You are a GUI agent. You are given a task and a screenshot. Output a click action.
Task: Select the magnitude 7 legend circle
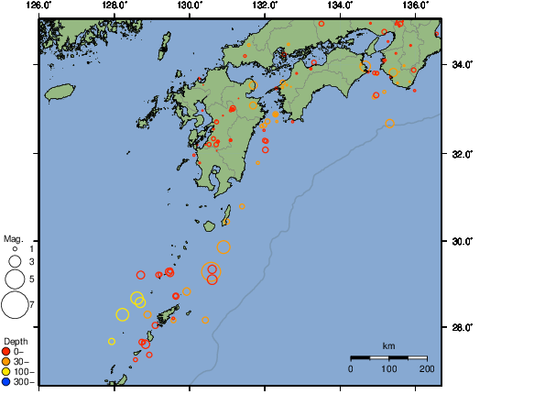[x=15, y=303]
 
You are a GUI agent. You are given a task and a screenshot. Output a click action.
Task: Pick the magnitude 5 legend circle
[x=15, y=278]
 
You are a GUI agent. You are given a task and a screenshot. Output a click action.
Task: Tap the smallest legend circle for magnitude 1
[x=15, y=248]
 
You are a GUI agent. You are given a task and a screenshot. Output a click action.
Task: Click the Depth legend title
[x=16, y=341]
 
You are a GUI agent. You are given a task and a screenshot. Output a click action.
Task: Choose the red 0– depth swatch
[x=6, y=351]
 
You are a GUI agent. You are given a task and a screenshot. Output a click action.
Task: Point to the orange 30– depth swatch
[x=6, y=361]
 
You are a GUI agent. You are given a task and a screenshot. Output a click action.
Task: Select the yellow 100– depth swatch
[x=6, y=371]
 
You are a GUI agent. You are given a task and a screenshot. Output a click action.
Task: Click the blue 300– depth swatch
[x=6, y=381]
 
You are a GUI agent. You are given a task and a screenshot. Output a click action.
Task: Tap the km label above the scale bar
[x=388, y=346]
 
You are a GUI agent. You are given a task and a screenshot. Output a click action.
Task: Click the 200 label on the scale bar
[x=426, y=368]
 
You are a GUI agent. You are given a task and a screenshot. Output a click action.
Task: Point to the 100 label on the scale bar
[x=388, y=368]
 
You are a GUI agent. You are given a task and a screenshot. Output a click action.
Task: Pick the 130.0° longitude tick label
[x=190, y=5]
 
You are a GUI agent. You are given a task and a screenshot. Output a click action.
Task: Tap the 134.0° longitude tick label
[x=340, y=5]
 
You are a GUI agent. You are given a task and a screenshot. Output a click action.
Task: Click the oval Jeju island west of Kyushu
[x=59, y=92]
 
